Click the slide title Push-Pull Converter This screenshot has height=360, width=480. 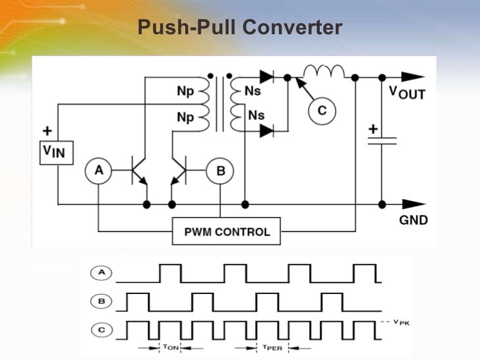(x=240, y=28)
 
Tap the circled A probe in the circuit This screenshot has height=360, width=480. (x=98, y=171)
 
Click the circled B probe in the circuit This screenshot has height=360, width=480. (x=220, y=171)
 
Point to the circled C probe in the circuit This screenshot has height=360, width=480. (x=321, y=110)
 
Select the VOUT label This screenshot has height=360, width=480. (x=407, y=93)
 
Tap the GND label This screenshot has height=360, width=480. (x=413, y=220)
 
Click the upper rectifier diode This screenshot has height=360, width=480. (x=266, y=77)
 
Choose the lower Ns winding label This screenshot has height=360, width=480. (x=256, y=115)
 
